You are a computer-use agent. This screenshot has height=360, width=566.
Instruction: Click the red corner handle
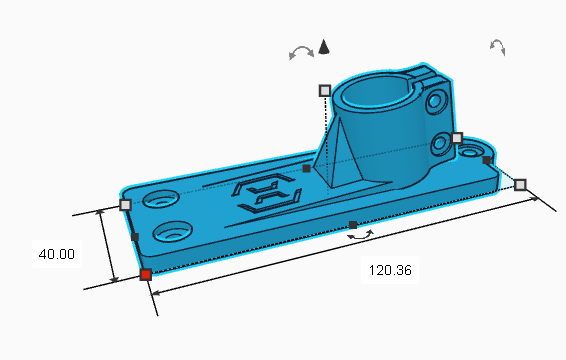pos(145,275)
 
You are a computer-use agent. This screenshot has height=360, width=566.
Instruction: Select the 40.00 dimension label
pos(57,254)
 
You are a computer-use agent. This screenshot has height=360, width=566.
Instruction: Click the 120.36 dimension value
pos(390,270)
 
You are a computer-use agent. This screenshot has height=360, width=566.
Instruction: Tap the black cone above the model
pos(324,47)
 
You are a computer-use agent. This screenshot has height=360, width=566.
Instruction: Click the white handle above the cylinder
pos(325,91)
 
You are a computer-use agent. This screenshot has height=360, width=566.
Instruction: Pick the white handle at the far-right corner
pos(520,185)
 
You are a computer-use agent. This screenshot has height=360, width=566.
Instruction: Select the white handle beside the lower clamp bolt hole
pos(457,138)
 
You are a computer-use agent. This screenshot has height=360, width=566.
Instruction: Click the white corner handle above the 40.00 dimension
pos(125,205)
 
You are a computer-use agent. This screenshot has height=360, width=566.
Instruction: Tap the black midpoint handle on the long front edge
pos(353,225)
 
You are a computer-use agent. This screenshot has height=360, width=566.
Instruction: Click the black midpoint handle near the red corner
pos(135,237)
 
